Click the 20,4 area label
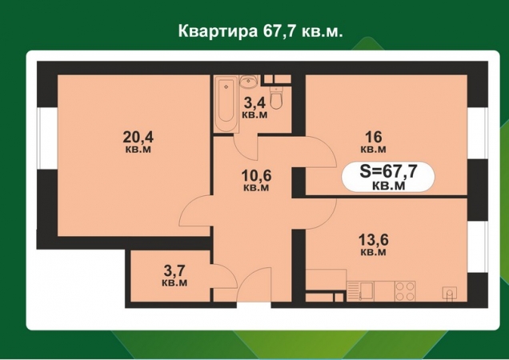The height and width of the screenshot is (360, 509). point(138,139)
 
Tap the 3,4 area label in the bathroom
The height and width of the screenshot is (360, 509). point(254,107)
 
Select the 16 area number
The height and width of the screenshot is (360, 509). point(373,141)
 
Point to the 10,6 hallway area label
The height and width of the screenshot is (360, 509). point(255,179)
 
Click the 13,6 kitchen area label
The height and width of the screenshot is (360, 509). point(373,243)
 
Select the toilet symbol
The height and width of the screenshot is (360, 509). point(277,98)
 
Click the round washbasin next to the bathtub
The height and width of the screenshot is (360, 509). point(248,81)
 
